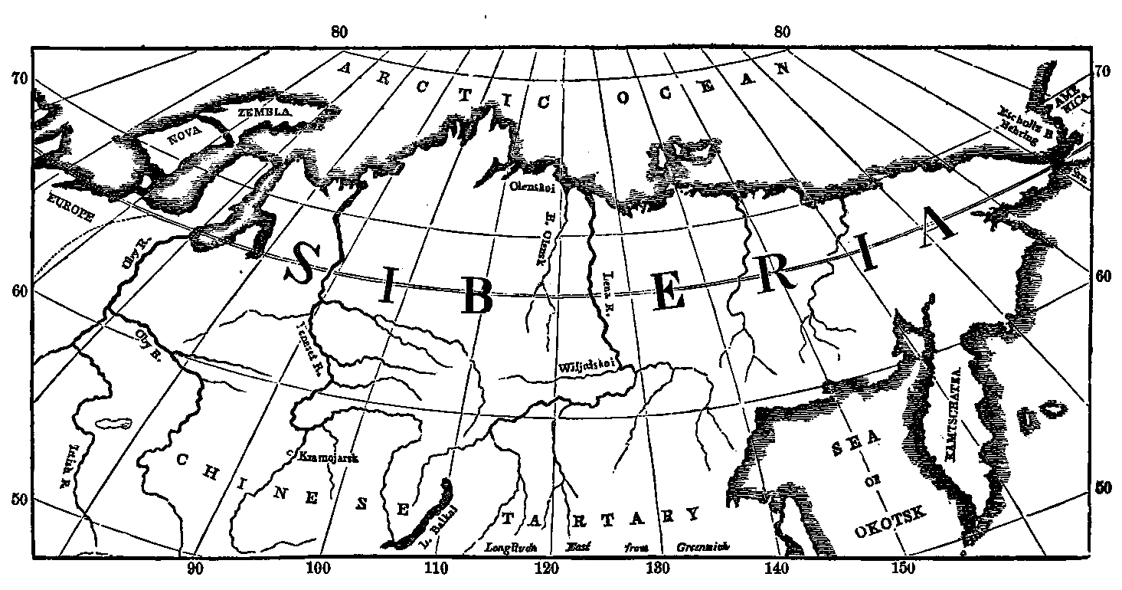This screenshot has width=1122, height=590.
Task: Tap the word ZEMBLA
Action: [x=264, y=112]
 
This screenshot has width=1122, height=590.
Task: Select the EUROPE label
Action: [x=70, y=207]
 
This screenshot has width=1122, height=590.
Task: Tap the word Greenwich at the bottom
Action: [x=703, y=547]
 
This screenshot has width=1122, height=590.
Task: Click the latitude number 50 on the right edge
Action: [x=1101, y=487]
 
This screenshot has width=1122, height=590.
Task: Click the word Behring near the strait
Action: [x=1019, y=132]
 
